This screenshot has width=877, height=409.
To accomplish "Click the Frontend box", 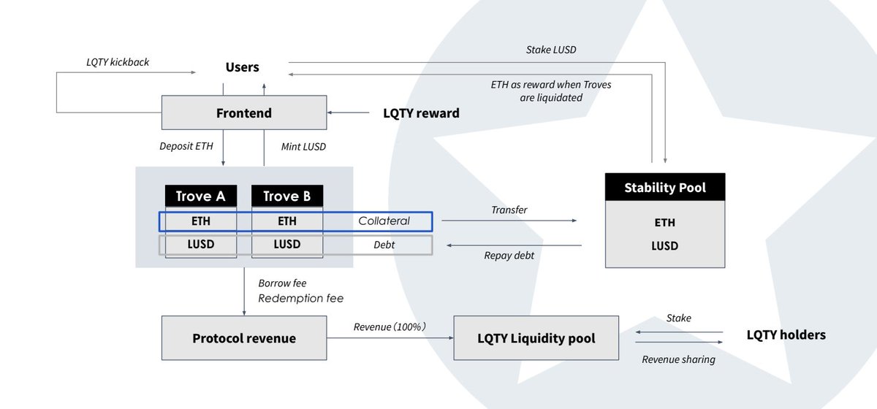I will (243, 113).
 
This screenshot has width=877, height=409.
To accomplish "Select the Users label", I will (242, 67).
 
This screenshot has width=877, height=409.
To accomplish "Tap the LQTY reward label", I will (421, 113).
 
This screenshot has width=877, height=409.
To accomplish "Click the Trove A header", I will (201, 196).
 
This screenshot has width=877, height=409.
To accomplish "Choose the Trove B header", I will (286, 196).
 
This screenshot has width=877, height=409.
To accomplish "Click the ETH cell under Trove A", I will (201, 221).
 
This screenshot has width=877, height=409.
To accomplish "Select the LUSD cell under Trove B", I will (286, 245).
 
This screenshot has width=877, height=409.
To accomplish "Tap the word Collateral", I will (384, 221).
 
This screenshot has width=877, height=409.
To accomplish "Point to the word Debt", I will (384, 245).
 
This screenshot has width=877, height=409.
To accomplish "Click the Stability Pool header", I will (665, 188).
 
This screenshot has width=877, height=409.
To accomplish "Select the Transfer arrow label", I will (509, 210).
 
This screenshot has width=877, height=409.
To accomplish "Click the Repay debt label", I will (509, 256).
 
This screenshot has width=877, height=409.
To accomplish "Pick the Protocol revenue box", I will (243, 338).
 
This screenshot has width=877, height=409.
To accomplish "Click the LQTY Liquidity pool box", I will (536, 338).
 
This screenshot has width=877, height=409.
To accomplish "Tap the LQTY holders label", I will (786, 335).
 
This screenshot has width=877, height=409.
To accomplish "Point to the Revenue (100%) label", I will (389, 326).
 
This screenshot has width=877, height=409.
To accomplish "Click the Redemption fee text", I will (300, 298).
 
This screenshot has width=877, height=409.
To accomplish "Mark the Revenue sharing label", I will (678, 359).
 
